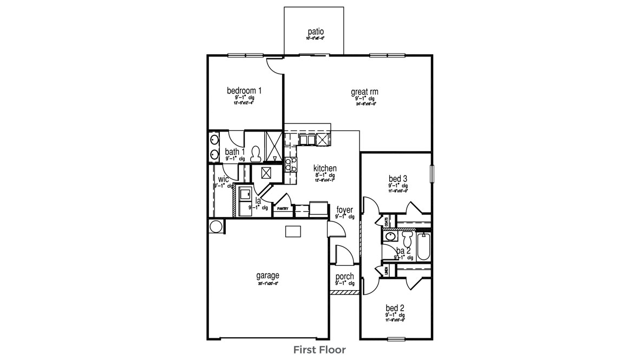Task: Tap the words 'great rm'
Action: coord(364,92)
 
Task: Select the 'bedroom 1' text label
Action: coord(244,90)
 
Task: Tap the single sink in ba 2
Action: coord(389,237)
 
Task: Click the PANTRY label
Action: coord(282,208)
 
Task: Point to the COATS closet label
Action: coord(386,220)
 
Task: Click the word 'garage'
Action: coord(267,276)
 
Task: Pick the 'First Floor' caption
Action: coord(319,350)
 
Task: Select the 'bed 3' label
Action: coord(397,179)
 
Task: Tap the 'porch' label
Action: coord(344,277)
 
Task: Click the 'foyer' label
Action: coord(345,210)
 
